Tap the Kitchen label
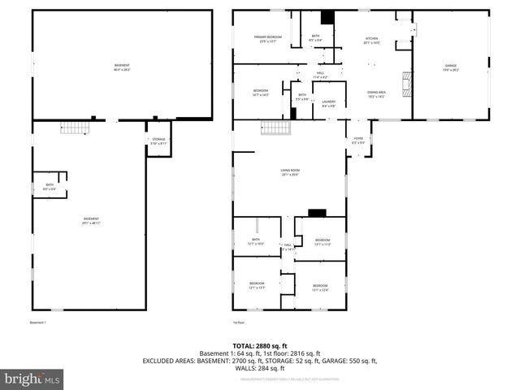(371, 40)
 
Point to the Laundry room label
(328, 104)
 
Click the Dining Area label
(376, 94)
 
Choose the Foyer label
(357, 140)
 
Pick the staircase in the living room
(275, 128)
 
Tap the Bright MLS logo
(32, 378)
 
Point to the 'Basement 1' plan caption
(39, 323)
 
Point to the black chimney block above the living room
(318, 214)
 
